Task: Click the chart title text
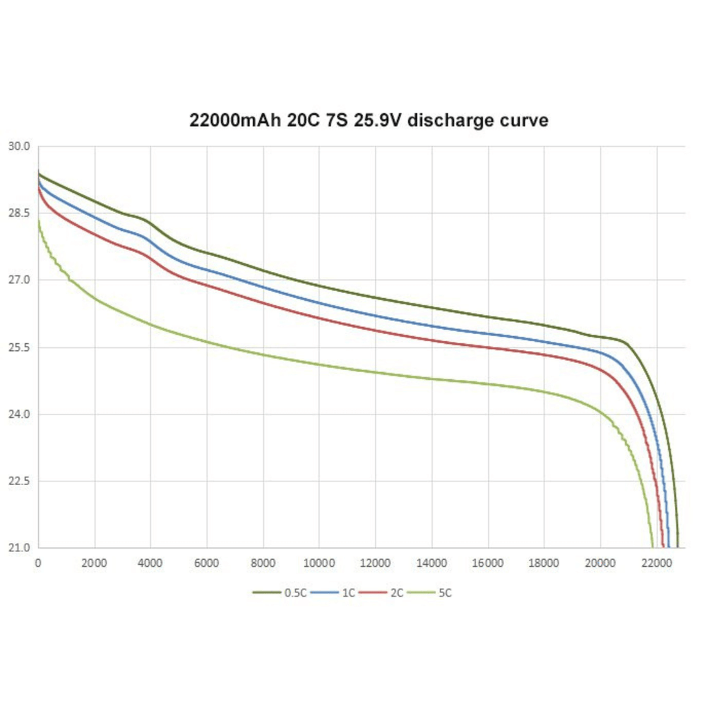point(369,121)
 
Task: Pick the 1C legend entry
point(348,593)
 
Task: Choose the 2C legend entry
point(396,593)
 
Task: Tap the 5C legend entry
point(444,593)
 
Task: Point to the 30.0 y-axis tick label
point(19,146)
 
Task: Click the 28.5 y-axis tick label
point(19,213)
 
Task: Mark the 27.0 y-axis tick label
point(19,280)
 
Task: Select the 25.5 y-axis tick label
point(19,347)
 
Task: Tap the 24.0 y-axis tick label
point(19,414)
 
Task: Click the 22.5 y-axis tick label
point(19,481)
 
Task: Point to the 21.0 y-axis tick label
point(19,548)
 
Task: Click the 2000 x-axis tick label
point(94,563)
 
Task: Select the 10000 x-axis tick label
point(319,563)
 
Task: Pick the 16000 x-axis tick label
point(488,563)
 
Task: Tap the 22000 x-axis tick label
point(657,563)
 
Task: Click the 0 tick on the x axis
point(38,563)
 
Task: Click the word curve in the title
point(522,121)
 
